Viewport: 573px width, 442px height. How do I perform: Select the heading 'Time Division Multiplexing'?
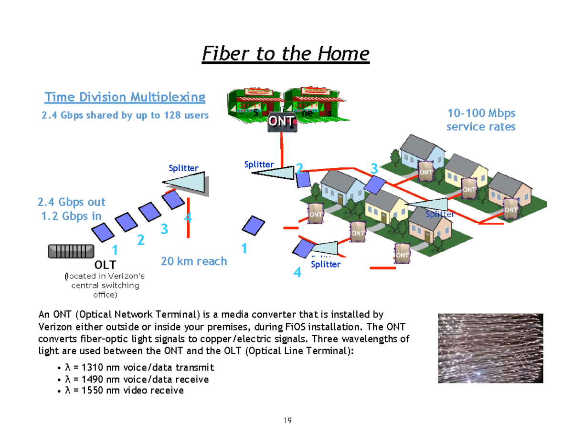(125, 98)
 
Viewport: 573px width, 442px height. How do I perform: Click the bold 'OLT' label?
(105, 264)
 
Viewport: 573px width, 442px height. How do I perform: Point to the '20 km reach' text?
(194, 261)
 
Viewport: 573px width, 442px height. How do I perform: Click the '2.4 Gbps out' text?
(72, 202)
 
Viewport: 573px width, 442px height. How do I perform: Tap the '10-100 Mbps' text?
(481, 113)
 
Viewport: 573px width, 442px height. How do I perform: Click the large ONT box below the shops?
(281, 122)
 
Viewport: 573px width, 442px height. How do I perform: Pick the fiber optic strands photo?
(490, 348)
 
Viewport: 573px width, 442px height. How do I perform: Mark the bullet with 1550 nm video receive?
(124, 391)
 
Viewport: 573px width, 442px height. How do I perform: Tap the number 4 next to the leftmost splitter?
(188, 218)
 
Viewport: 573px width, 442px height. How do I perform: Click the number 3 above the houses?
(374, 169)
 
